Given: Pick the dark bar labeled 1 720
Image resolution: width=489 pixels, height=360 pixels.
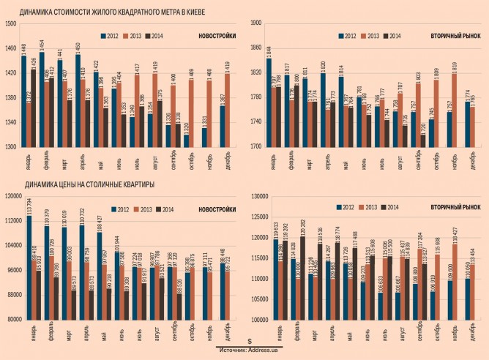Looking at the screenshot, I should tap(422, 140).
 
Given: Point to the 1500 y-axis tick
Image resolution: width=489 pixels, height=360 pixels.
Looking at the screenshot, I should tap(10, 23).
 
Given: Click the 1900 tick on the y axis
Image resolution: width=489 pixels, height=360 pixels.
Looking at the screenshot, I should tap(256, 23).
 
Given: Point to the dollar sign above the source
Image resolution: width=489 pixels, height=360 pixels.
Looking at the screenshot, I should tap(250, 341).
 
